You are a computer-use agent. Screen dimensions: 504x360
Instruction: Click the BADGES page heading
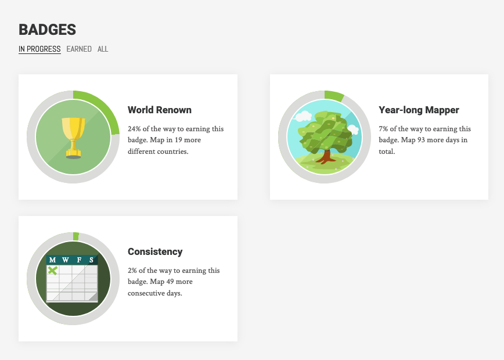(47, 30)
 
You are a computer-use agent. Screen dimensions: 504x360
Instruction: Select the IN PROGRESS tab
(39, 49)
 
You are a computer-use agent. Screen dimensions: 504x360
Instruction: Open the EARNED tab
(79, 49)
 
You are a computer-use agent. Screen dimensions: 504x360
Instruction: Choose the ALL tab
(103, 49)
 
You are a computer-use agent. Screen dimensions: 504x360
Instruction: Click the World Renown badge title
(160, 110)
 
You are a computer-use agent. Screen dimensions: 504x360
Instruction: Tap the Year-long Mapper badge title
(419, 110)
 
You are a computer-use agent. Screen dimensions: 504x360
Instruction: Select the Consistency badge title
(155, 251)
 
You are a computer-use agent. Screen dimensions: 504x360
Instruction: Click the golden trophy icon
(73, 138)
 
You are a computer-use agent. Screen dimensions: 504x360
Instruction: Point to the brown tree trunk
(326, 157)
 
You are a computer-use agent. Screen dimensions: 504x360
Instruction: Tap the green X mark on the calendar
(53, 271)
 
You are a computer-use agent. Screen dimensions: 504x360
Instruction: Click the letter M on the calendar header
(53, 260)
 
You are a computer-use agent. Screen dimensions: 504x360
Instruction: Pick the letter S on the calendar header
(91, 260)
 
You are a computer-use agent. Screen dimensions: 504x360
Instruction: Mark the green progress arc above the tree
(334, 95)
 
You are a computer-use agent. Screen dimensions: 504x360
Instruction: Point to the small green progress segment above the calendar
(76, 236)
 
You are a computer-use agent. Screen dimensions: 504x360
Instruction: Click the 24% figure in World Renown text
(134, 128)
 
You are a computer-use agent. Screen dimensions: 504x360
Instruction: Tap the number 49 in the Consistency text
(170, 282)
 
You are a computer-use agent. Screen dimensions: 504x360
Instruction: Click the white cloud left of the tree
(303, 116)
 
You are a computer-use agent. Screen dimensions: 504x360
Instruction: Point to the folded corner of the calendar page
(93, 297)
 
